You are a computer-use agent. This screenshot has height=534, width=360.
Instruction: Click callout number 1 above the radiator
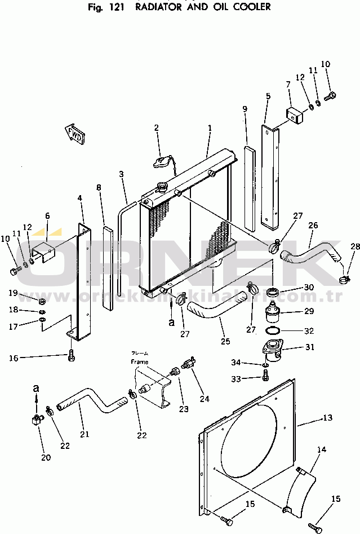coord(210,128)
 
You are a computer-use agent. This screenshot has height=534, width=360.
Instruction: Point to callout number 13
coord(328,418)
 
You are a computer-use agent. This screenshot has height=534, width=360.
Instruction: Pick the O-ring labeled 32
coord(272,331)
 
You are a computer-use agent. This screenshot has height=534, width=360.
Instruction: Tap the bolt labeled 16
coord(70,356)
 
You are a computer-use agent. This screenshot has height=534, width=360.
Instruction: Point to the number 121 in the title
coord(115,7)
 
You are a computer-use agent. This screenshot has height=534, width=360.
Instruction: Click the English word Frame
coord(139,361)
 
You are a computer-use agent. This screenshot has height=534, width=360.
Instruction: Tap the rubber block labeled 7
coord(294,115)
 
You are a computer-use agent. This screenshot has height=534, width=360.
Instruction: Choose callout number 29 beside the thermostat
coord(308,311)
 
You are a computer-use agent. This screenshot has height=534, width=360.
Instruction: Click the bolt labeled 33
coord(266,379)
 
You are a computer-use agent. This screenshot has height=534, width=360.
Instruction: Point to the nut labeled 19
coord(42,293)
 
